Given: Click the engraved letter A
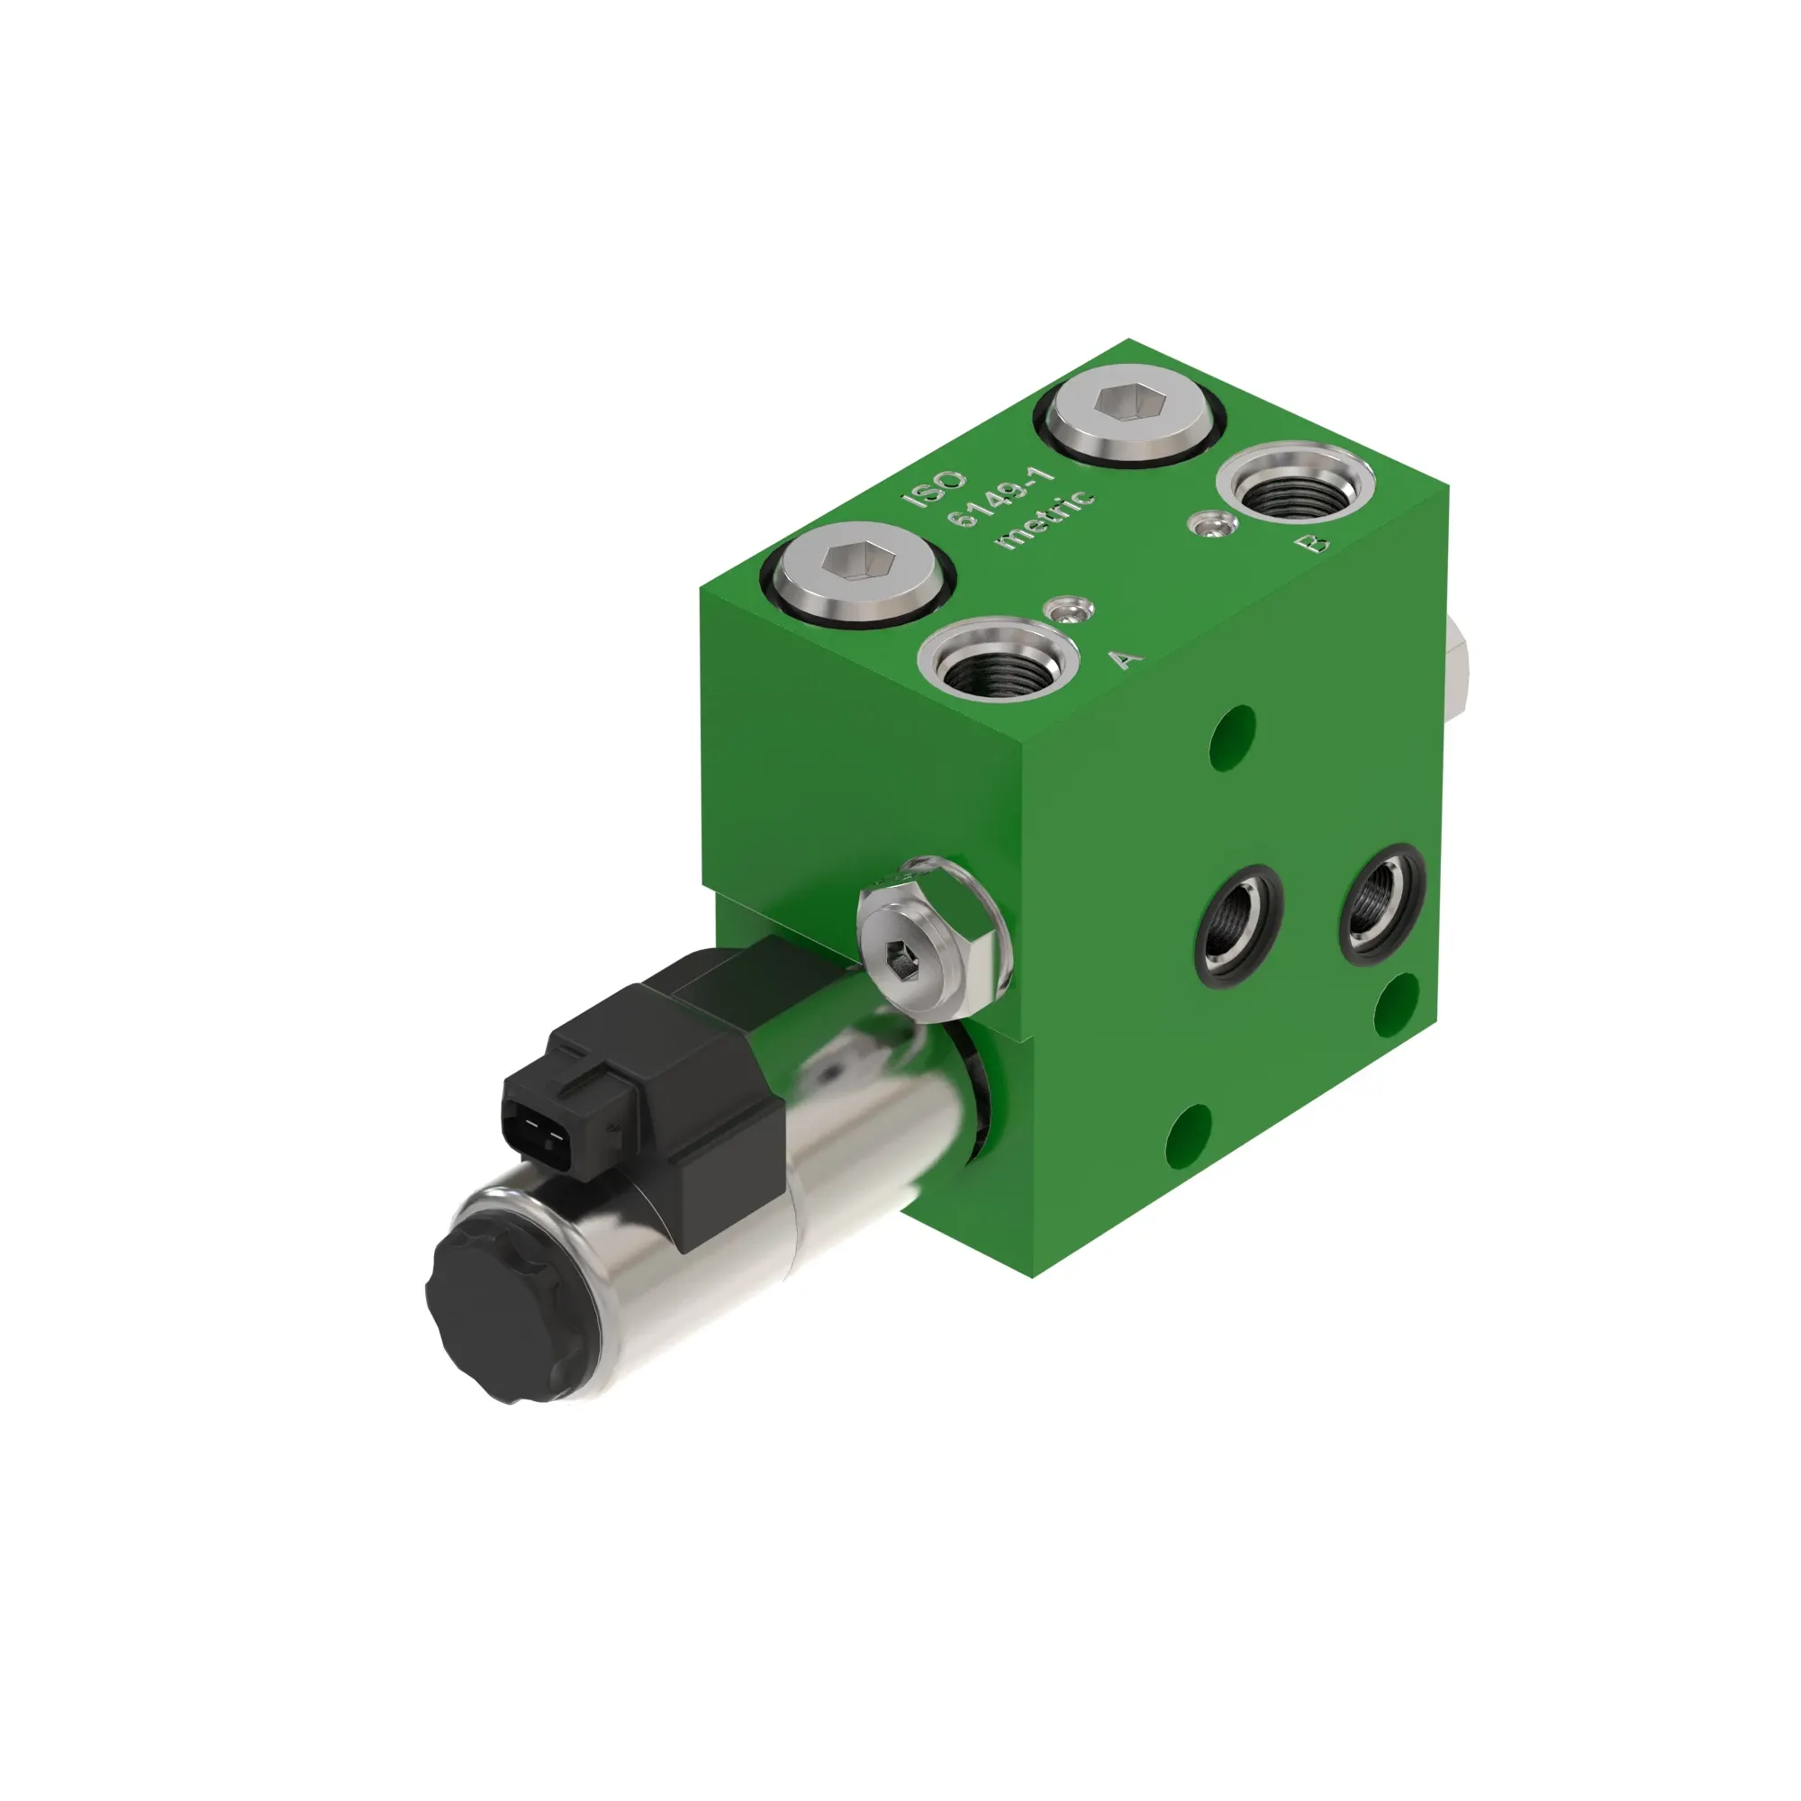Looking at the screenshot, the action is coord(1127,657).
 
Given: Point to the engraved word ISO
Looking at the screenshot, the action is coord(934,487).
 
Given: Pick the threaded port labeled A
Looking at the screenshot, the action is coord(999,659).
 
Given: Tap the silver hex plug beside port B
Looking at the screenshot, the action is coord(1129,412).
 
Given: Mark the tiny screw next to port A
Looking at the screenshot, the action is coord(1069,611).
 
